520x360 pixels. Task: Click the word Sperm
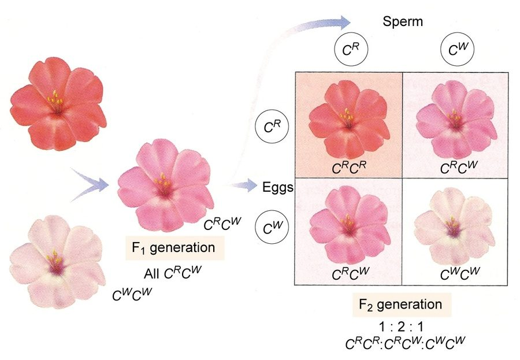tap(403, 21)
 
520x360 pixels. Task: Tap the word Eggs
tap(278, 188)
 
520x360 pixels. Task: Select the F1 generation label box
tap(174, 248)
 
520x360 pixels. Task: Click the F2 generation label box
tap(402, 305)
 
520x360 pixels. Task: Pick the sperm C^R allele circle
tap(351, 50)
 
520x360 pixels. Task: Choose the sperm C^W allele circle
tap(458, 50)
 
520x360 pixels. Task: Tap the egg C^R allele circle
tap(272, 127)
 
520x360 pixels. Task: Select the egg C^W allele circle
tap(272, 227)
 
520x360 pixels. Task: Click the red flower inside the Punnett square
tap(349, 120)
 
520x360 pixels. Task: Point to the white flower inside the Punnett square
tap(454, 225)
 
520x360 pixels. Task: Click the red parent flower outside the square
tap(58, 103)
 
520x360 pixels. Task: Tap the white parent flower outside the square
tap(57, 261)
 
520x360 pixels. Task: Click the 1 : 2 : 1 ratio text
tap(402, 327)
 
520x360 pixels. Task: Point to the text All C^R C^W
tap(172, 272)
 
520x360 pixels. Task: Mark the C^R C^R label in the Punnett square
tap(349, 168)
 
